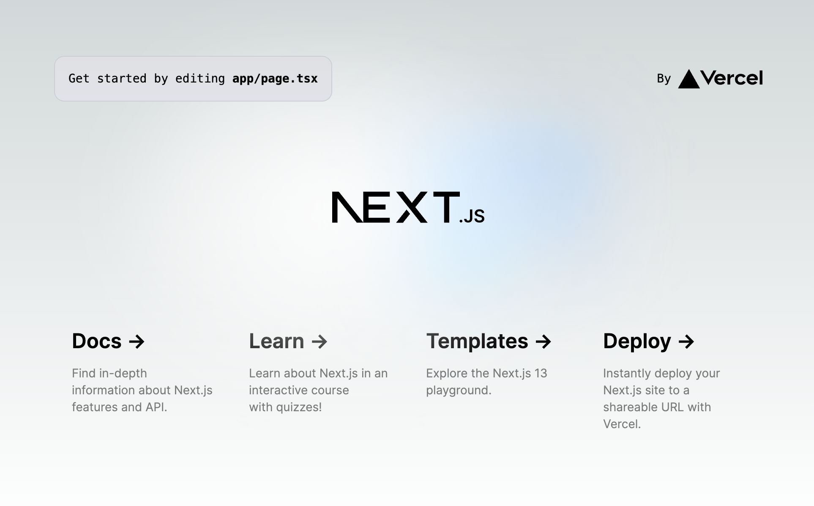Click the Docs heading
tap(97, 341)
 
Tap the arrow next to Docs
tap(137, 341)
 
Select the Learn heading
tap(276, 341)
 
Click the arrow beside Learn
tap(320, 341)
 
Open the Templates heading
tap(477, 341)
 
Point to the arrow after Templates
tap(544, 341)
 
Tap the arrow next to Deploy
tap(686, 341)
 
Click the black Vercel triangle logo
tap(689, 79)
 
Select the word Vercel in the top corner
tap(732, 78)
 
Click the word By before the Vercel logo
tap(664, 79)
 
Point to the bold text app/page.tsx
tap(275, 79)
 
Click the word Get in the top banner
tap(79, 79)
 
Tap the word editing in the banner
tap(200, 79)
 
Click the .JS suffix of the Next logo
tap(472, 216)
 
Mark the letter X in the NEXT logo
tap(412, 207)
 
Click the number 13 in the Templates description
tap(541, 373)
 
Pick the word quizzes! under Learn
tap(299, 407)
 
